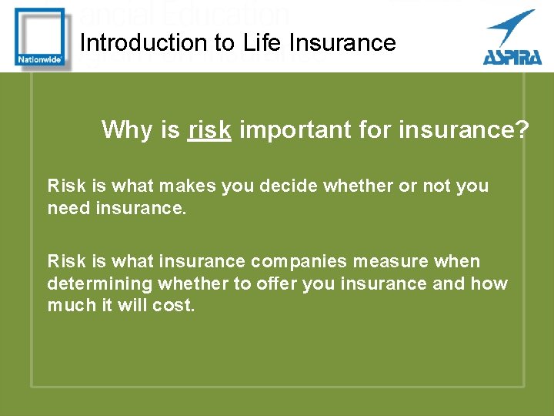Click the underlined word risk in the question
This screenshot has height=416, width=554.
pos(209,130)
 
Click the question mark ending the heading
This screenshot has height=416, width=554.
pos(522,130)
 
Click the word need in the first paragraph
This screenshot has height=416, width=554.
pos(68,209)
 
